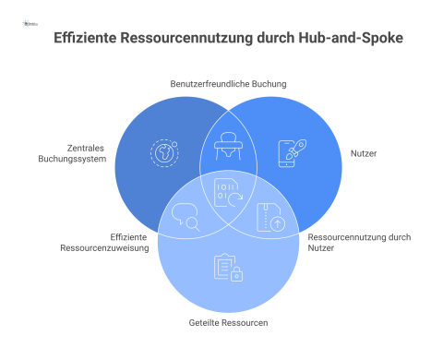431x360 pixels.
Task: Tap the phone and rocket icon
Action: [288, 152]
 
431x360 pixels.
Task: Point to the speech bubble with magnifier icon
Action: [186, 217]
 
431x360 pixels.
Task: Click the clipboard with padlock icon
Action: [226, 268]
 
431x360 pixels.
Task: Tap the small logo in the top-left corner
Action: [30, 12]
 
